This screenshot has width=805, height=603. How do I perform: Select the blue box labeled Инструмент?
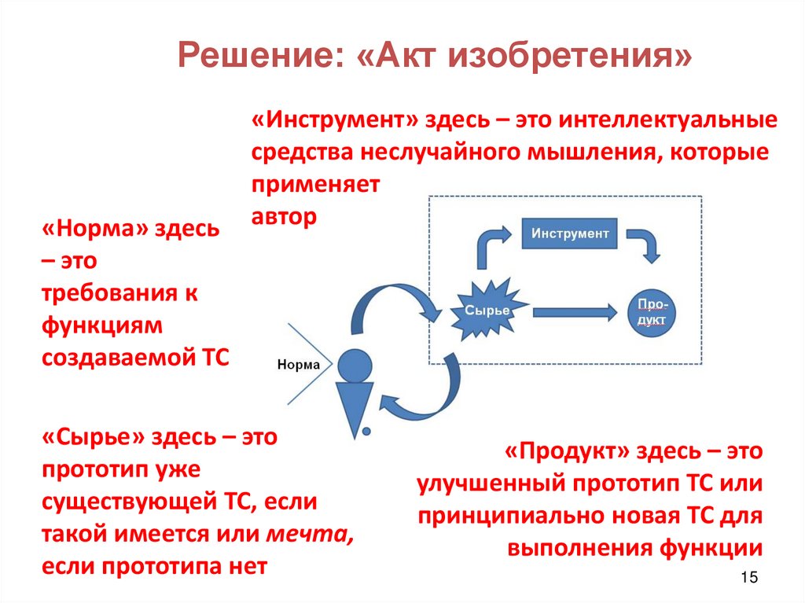[570, 233]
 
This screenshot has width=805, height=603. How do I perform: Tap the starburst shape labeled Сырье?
[486, 311]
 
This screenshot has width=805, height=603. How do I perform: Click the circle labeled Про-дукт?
[652, 312]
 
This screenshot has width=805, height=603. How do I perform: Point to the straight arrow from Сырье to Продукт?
[575, 312]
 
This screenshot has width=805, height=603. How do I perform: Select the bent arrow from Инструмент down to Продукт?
[649, 245]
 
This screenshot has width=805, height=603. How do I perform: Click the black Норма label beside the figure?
[299, 364]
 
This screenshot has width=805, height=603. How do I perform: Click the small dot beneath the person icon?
[366, 430]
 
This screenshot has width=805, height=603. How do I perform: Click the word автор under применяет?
[284, 217]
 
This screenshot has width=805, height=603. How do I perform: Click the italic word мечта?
[308, 535]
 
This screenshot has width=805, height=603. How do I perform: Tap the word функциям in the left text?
[101, 325]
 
